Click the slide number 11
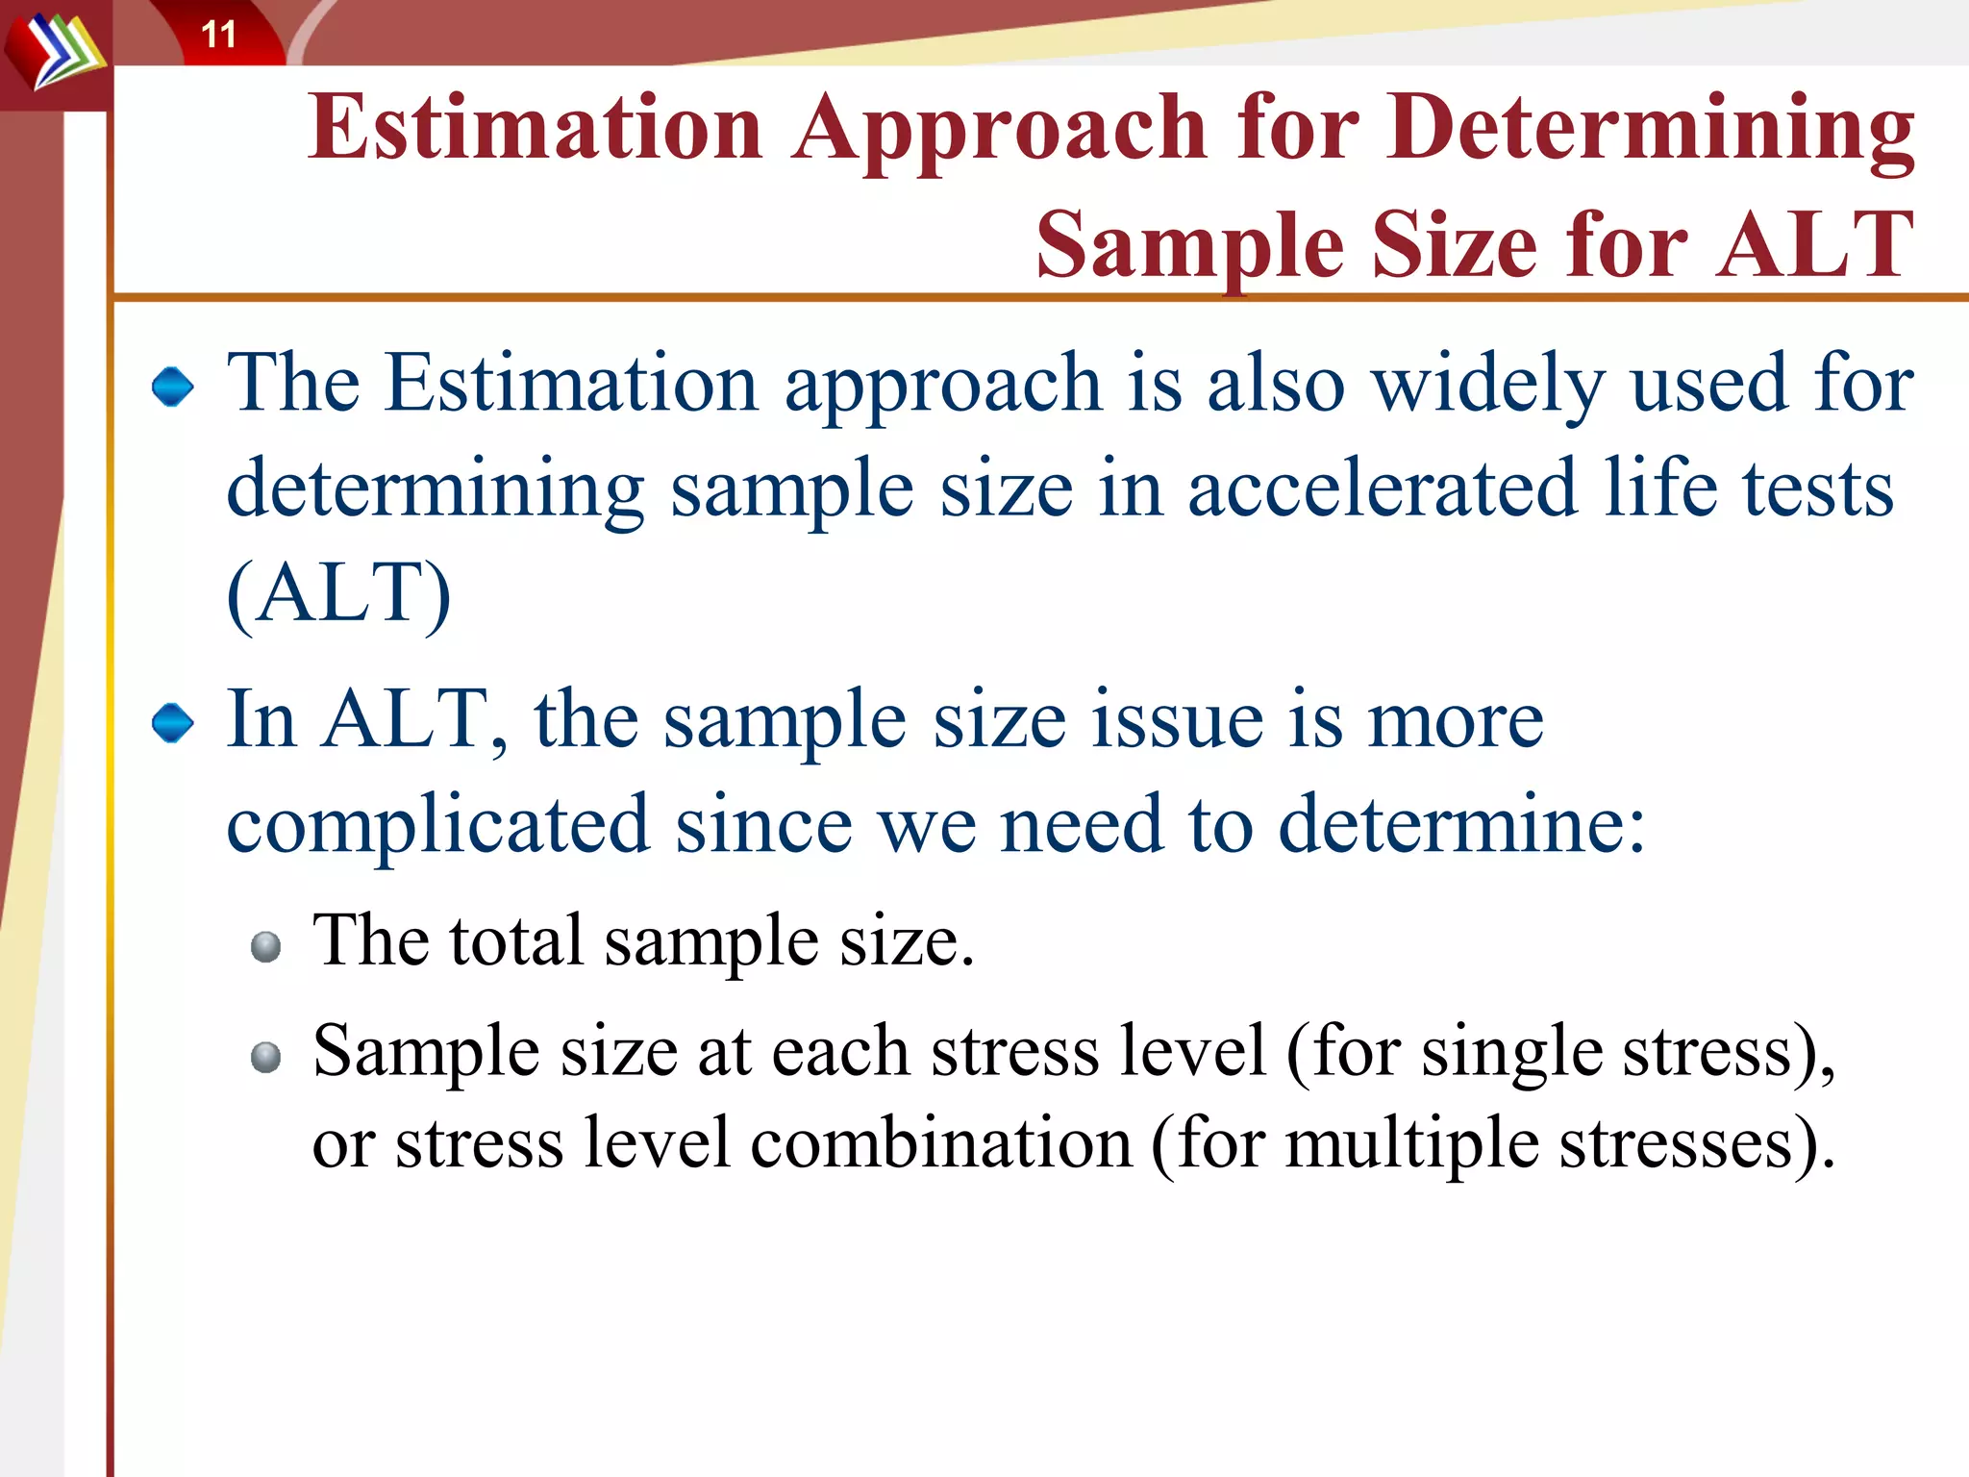[218, 36]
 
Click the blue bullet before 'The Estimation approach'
[173, 388]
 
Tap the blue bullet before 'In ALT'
[173, 723]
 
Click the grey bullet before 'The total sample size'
[265, 947]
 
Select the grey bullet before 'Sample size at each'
[265, 1058]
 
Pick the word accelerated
[1383, 489]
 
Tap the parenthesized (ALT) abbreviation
[338, 594]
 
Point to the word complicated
[438, 825]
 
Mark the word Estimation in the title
[536, 130]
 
